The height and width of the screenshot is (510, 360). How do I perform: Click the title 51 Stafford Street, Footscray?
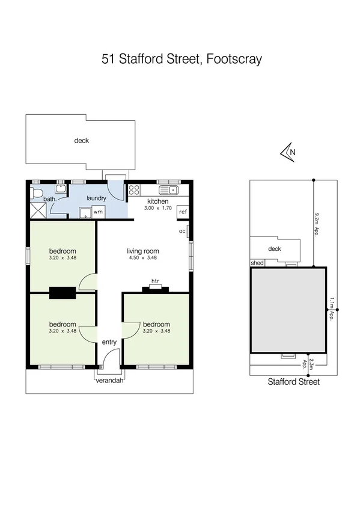pyautogui.click(x=180, y=59)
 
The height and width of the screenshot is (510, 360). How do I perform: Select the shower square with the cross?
pyautogui.click(x=38, y=210)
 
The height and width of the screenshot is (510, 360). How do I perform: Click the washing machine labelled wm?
pyautogui.click(x=97, y=212)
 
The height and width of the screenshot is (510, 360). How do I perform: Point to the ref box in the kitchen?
pyautogui.click(x=183, y=211)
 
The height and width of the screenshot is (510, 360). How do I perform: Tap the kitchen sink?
pyautogui.click(x=172, y=190)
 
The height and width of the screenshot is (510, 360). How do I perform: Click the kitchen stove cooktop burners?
pyautogui.click(x=135, y=192)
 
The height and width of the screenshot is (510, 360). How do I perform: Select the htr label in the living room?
pyautogui.click(x=154, y=281)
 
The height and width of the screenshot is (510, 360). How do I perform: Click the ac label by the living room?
pyautogui.click(x=182, y=230)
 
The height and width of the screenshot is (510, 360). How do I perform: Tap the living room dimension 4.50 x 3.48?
pyautogui.click(x=142, y=258)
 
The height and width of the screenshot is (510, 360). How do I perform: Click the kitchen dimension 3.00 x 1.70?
pyautogui.click(x=157, y=208)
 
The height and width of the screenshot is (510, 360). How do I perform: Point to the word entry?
pyautogui.click(x=109, y=342)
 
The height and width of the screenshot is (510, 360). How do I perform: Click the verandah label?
pyautogui.click(x=109, y=380)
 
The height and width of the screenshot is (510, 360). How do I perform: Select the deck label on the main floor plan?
pyautogui.click(x=81, y=141)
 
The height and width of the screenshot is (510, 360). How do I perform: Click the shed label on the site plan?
pyautogui.click(x=257, y=263)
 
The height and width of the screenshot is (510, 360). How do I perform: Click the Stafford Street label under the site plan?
pyautogui.click(x=293, y=381)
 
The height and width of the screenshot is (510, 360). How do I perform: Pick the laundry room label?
pyautogui.click(x=96, y=198)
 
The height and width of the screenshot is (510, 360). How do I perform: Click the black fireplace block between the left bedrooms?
pyautogui.click(x=63, y=292)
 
